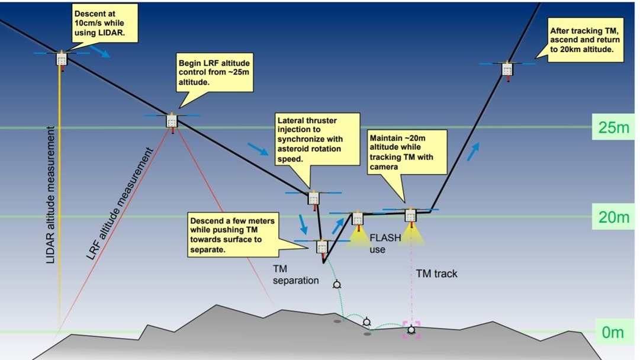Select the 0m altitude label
click(x=612, y=332)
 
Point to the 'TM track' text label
click(x=437, y=274)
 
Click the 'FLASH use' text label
click(x=385, y=243)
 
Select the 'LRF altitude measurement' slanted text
click(x=120, y=204)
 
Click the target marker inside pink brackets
click(x=411, y=329)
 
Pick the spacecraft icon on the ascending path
click(x=507, y=69)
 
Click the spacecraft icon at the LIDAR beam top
click(x=62, y=59)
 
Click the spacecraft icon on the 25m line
click(x=172, y=121)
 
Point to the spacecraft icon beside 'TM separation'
click(x=322, y=246)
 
